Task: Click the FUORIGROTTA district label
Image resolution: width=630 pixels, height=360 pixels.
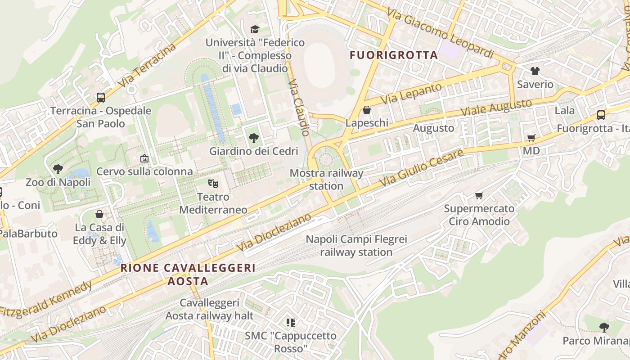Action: coord(394,55)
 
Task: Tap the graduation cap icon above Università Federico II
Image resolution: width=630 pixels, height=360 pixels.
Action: coord(255,30)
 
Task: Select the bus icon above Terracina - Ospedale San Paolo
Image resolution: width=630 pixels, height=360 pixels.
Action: coord(101,97)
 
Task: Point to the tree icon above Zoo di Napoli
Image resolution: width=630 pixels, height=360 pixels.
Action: coord(58,169)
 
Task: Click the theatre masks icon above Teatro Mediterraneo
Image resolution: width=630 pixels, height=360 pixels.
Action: coord(213,183)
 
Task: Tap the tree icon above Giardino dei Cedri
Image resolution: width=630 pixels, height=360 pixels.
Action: coord(254,138)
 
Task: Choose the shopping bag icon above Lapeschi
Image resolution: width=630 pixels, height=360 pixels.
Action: coord(367,110)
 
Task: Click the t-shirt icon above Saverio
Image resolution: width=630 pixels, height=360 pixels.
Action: coord(535,71)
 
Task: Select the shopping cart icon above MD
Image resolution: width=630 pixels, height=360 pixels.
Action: coord(531,138)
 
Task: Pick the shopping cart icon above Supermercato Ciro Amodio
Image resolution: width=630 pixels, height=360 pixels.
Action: coord(479,195)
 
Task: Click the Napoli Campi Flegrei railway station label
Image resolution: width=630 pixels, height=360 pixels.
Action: coord(356,246)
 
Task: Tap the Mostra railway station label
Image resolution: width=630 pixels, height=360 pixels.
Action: coord(326,179)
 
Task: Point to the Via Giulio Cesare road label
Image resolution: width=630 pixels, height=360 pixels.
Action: coord(421,168)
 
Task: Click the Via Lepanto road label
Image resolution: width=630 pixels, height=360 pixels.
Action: coord(412,94)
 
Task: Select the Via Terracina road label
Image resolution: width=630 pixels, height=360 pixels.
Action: coord(147,65)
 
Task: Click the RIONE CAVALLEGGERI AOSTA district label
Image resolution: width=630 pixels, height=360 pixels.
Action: coord(188,274)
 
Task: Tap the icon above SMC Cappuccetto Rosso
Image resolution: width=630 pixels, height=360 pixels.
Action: coord(291,322)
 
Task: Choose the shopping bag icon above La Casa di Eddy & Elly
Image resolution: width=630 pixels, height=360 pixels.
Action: coord(99,214)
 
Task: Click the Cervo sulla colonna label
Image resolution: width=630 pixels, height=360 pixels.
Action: coord(145,171)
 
